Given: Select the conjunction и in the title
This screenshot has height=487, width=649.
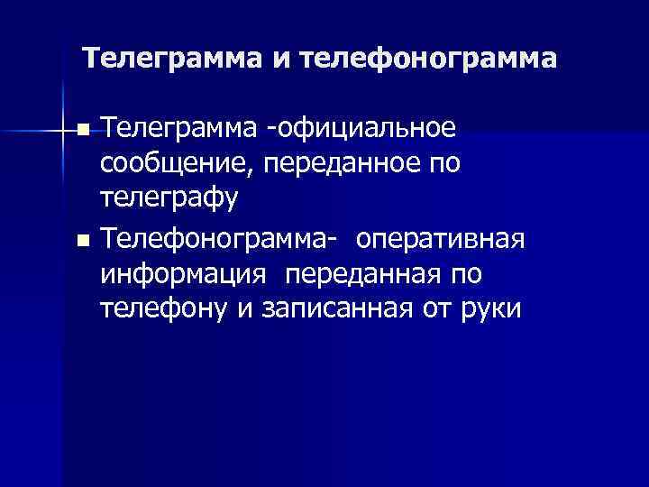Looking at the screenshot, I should pyautogui.click(x=279, y=60).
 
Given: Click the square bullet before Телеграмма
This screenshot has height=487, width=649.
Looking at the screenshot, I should pyautogui.click(x=84, y=132).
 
